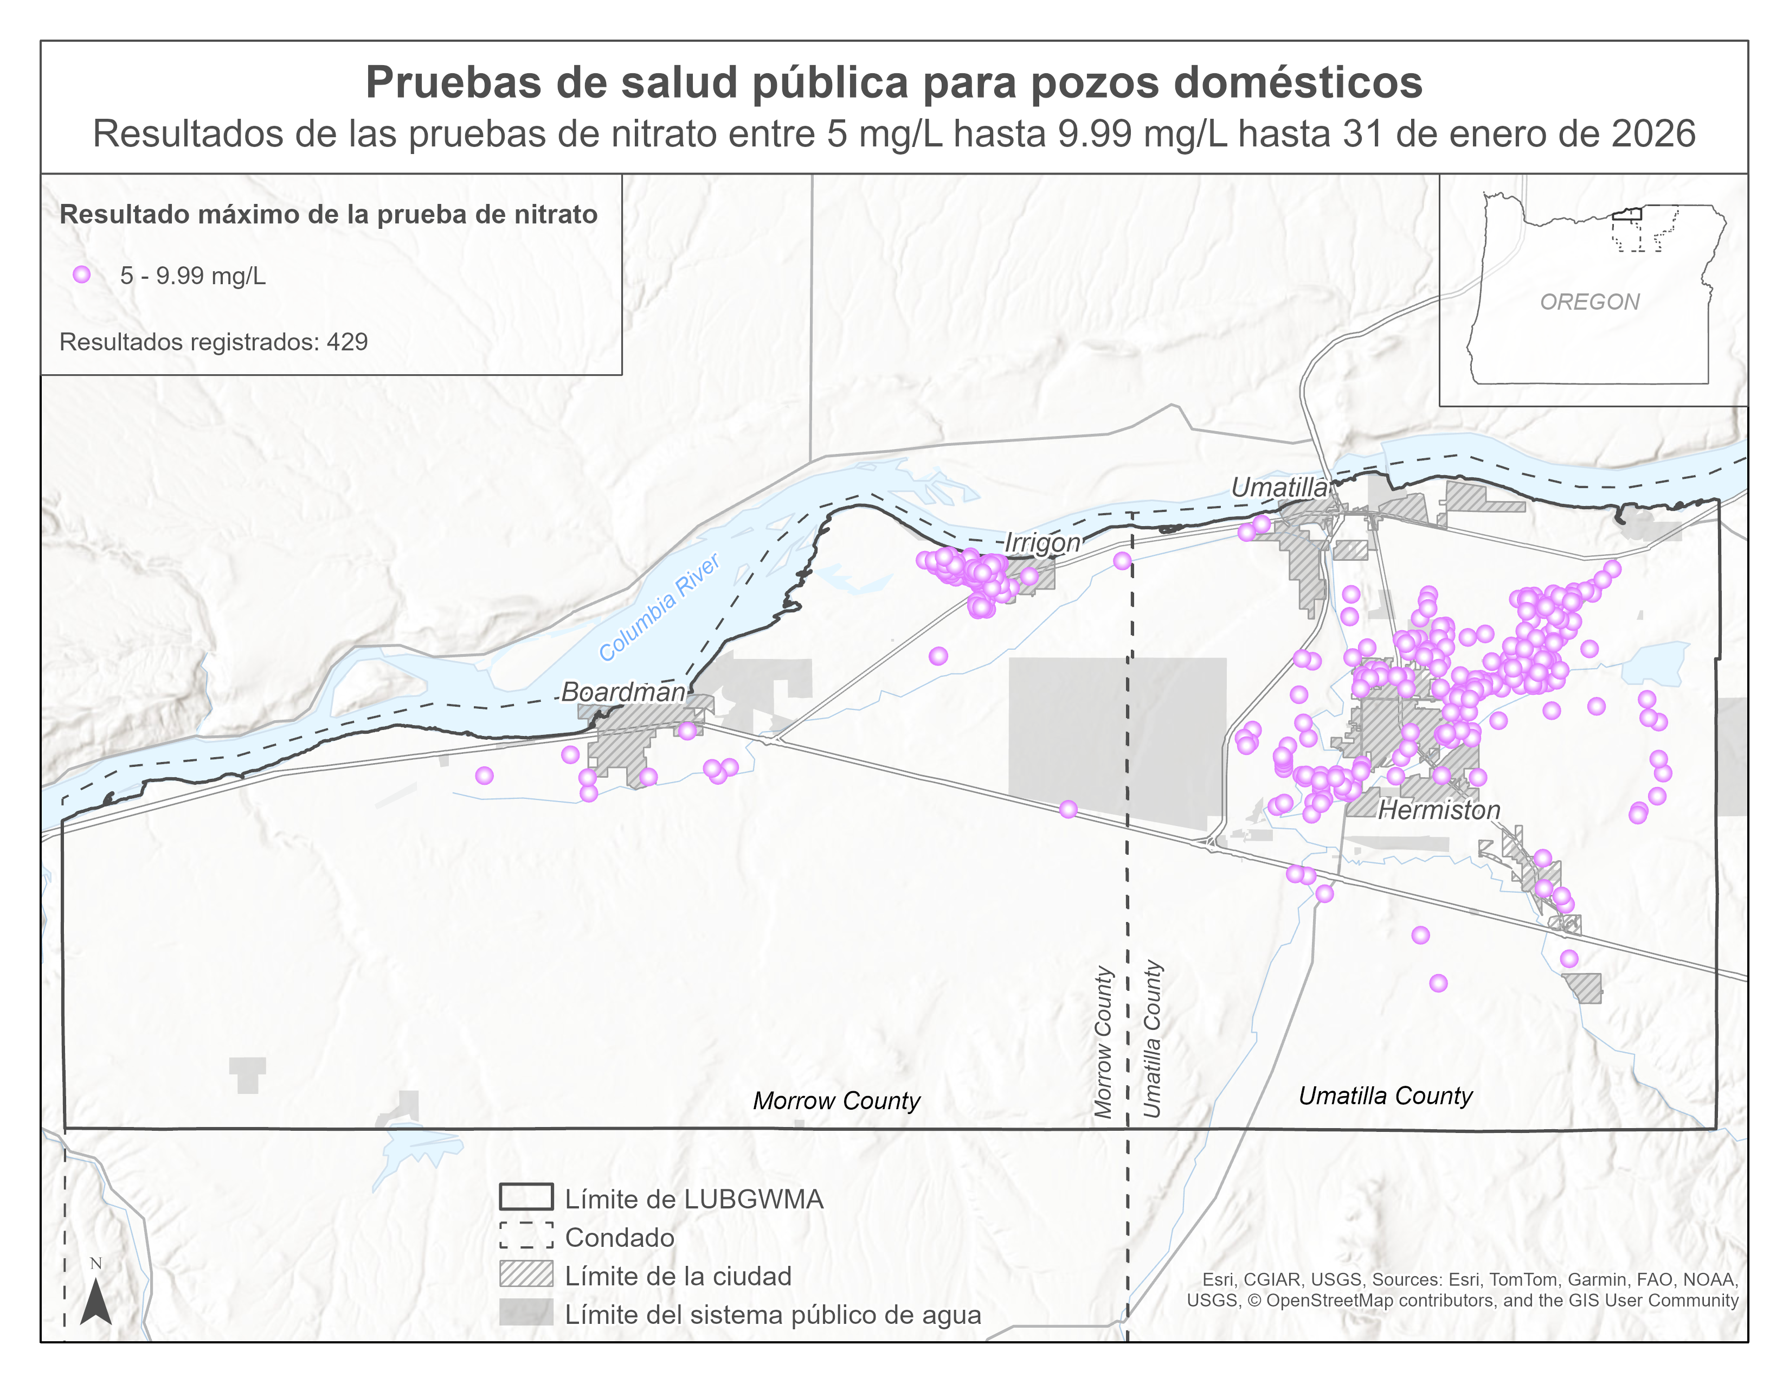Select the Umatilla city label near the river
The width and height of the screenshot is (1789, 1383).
point(1279,488)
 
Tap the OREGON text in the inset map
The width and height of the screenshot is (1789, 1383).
point(1589,302)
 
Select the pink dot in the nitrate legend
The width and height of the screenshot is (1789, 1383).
point(81,274)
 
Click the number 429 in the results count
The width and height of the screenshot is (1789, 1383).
point(347,342)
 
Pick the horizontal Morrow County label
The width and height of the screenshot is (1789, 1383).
point(836,1100)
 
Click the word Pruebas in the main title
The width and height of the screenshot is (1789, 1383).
point(442,83)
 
